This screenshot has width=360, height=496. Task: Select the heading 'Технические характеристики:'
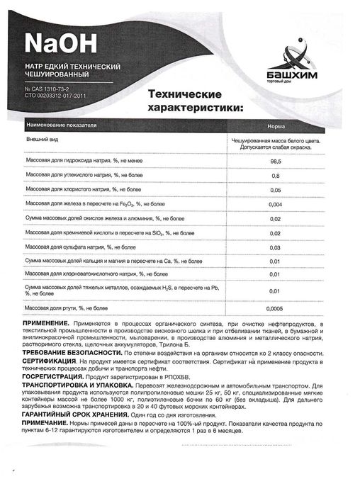pos(193,101)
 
